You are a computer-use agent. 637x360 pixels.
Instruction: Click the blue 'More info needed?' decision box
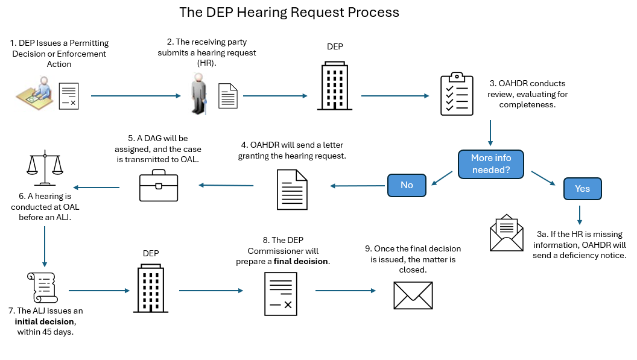click(490, 163)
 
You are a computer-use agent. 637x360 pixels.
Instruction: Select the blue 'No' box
click(407, 185)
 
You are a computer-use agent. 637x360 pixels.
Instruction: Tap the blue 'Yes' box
click(582, 188)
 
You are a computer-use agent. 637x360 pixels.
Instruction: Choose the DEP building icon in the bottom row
click(151, 289)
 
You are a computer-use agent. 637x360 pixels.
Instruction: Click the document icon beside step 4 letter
click(291, 189)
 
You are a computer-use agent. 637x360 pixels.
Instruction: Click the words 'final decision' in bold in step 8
click(301, 261)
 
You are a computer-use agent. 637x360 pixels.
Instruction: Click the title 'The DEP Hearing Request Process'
click(290, 12)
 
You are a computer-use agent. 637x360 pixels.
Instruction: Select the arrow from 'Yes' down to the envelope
click(580, 213)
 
